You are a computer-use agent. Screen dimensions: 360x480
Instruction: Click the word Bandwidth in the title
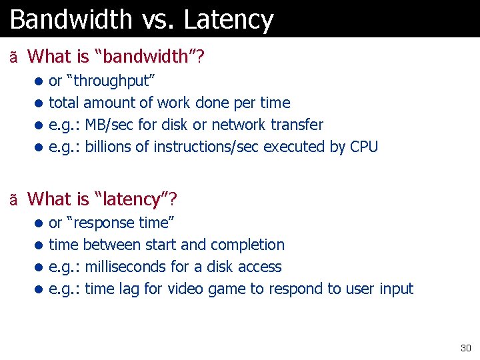point(71,19)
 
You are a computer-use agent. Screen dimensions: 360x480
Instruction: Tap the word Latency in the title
point(229,19)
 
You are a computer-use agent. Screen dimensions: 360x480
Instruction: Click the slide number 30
point(465,348)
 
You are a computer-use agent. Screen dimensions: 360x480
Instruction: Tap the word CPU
point(363,147)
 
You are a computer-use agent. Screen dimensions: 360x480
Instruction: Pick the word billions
point(109,147)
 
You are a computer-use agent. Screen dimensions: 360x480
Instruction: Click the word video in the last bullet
point(185,289)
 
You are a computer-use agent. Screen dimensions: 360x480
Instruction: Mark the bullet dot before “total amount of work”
point(39,103)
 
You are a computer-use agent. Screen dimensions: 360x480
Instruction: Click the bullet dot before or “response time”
point(39,223)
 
